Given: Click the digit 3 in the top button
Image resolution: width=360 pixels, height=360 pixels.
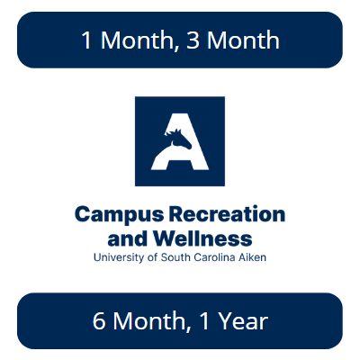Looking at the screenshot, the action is point(193,40).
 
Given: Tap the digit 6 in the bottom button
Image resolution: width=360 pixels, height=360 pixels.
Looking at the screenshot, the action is point(99,320).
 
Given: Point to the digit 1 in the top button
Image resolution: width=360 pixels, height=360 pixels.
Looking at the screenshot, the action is point(86,40).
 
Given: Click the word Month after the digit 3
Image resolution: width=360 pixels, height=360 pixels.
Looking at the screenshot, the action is point(243,40).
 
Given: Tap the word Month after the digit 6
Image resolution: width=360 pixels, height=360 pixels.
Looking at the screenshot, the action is point(149,320).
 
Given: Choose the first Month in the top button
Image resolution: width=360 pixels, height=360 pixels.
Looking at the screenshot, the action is point(138,40).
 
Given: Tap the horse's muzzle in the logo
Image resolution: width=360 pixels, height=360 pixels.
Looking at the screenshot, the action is point(188,146).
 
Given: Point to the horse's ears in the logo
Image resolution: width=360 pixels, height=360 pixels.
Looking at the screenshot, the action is point(177,131).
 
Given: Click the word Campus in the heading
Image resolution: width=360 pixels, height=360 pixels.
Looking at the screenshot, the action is point(120,215).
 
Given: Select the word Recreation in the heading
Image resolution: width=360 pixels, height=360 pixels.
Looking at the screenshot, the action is point(227,214).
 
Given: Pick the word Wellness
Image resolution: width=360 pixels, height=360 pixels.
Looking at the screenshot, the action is point(202,238).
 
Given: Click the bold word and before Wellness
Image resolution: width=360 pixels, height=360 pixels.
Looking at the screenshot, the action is point(128,238).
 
